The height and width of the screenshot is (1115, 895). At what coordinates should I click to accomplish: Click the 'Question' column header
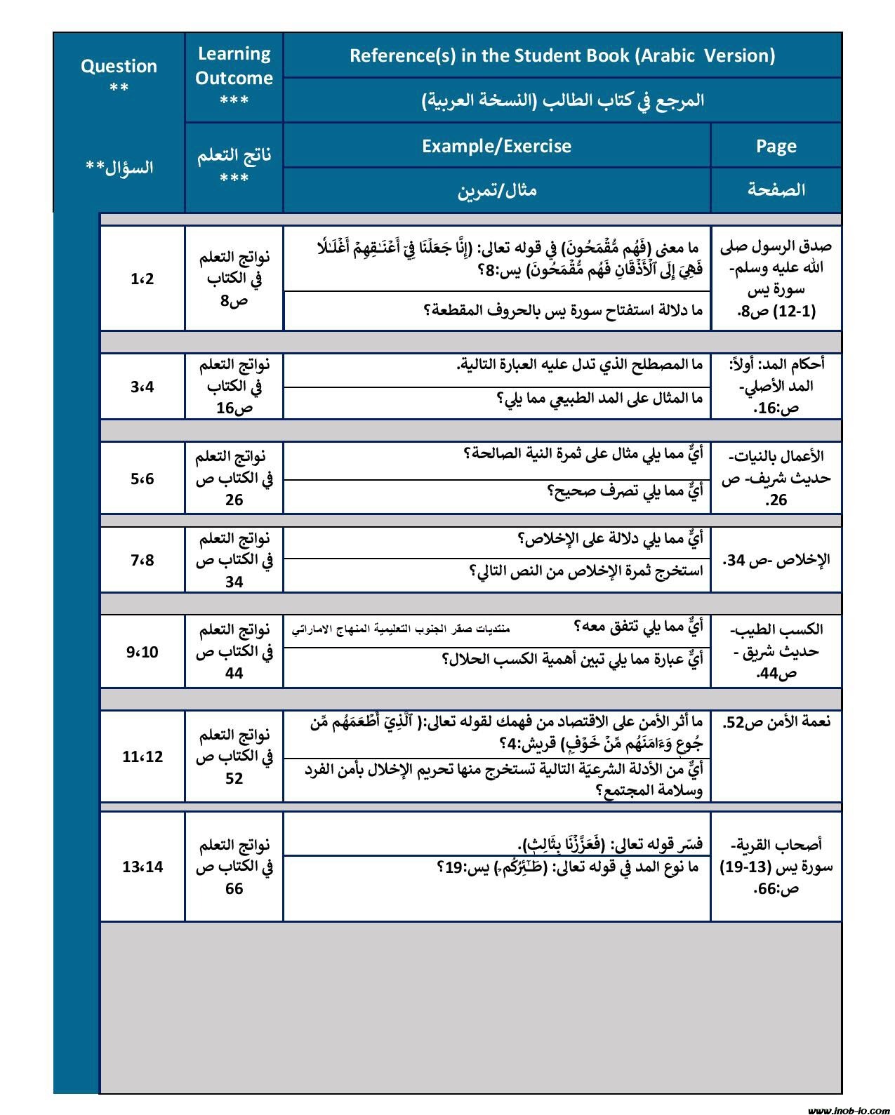[x=119, y=67]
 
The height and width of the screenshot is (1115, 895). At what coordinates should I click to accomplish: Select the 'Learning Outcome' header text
[x=234, y=66]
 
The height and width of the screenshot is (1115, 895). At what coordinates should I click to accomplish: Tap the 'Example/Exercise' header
[x=496, y=146]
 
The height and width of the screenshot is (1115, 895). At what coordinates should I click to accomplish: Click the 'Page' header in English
[x=776, y=146]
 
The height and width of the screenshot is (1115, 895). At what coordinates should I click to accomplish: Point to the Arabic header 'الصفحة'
[x=776, y=189]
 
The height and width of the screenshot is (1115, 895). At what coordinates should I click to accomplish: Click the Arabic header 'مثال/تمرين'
[x=496, y=189]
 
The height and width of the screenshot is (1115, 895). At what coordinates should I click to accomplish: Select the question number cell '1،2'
[x=142, y=279]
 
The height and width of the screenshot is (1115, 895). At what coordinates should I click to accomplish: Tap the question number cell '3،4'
[x=142, y=387]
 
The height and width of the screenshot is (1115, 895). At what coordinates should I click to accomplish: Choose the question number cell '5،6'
[x=142, y=479]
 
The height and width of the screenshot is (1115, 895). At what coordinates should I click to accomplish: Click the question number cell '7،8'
[x=142, y=560]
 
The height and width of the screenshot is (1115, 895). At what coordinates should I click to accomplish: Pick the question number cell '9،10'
[x=142, y=652]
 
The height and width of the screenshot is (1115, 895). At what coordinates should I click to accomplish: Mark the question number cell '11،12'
[x=142, y=756]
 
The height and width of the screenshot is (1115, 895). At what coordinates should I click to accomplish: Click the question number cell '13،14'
[x=142, y=867]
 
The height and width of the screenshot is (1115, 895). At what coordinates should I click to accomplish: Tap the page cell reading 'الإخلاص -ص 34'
[x=776, y=560]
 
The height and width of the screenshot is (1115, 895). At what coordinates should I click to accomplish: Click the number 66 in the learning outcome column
[x=234, y=888]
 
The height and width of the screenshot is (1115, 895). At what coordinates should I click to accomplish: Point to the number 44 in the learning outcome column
[x=234, y=673]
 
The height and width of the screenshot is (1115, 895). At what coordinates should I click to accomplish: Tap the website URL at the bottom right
[x=847, y=1110]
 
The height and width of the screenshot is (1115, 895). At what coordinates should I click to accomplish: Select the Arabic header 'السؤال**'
[x=119, y=168]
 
